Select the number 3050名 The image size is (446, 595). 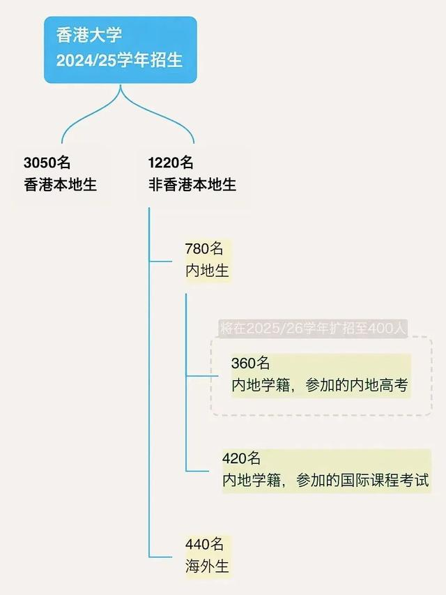coord(47,163)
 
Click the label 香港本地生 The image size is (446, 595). coord(60,185)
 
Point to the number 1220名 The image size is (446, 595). coord(171,163)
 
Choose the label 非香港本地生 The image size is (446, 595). coord(192,185)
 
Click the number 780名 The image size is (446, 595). coord(204,249)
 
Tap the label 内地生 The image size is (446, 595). coord(207,271)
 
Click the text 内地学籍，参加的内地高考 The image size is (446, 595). coord(319,386)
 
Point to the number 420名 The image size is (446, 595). coord(241,458)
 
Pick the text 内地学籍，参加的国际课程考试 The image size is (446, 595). coord(325,481)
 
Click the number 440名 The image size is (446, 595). coord(204,545)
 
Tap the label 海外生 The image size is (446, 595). coord(207,566)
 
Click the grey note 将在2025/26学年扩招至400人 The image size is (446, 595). coord(312,328)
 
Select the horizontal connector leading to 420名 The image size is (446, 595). coord(202,471)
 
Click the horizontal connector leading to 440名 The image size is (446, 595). coord(164,556)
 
